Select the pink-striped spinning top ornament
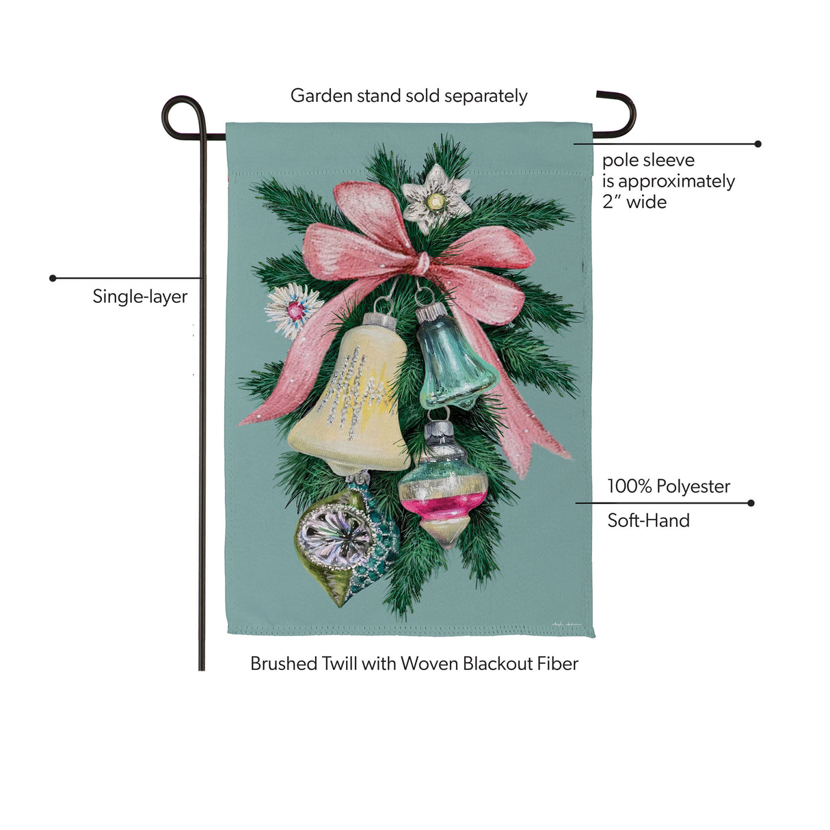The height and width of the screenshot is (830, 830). tap(444, 487)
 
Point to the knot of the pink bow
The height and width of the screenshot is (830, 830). tap(422, 263)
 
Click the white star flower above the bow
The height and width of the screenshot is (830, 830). tap(436, 199)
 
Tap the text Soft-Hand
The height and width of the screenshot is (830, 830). tap(648, 521)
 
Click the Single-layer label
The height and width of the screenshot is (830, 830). tap(140, 297)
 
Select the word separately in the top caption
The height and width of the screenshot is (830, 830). tap(485, 96)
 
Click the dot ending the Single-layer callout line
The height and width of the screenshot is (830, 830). tap(53, 278)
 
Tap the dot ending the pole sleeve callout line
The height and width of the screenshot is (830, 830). tap(758, 144)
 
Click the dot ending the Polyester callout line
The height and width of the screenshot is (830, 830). tap(751, 503)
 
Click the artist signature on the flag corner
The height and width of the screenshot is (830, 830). tap(566, 624)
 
